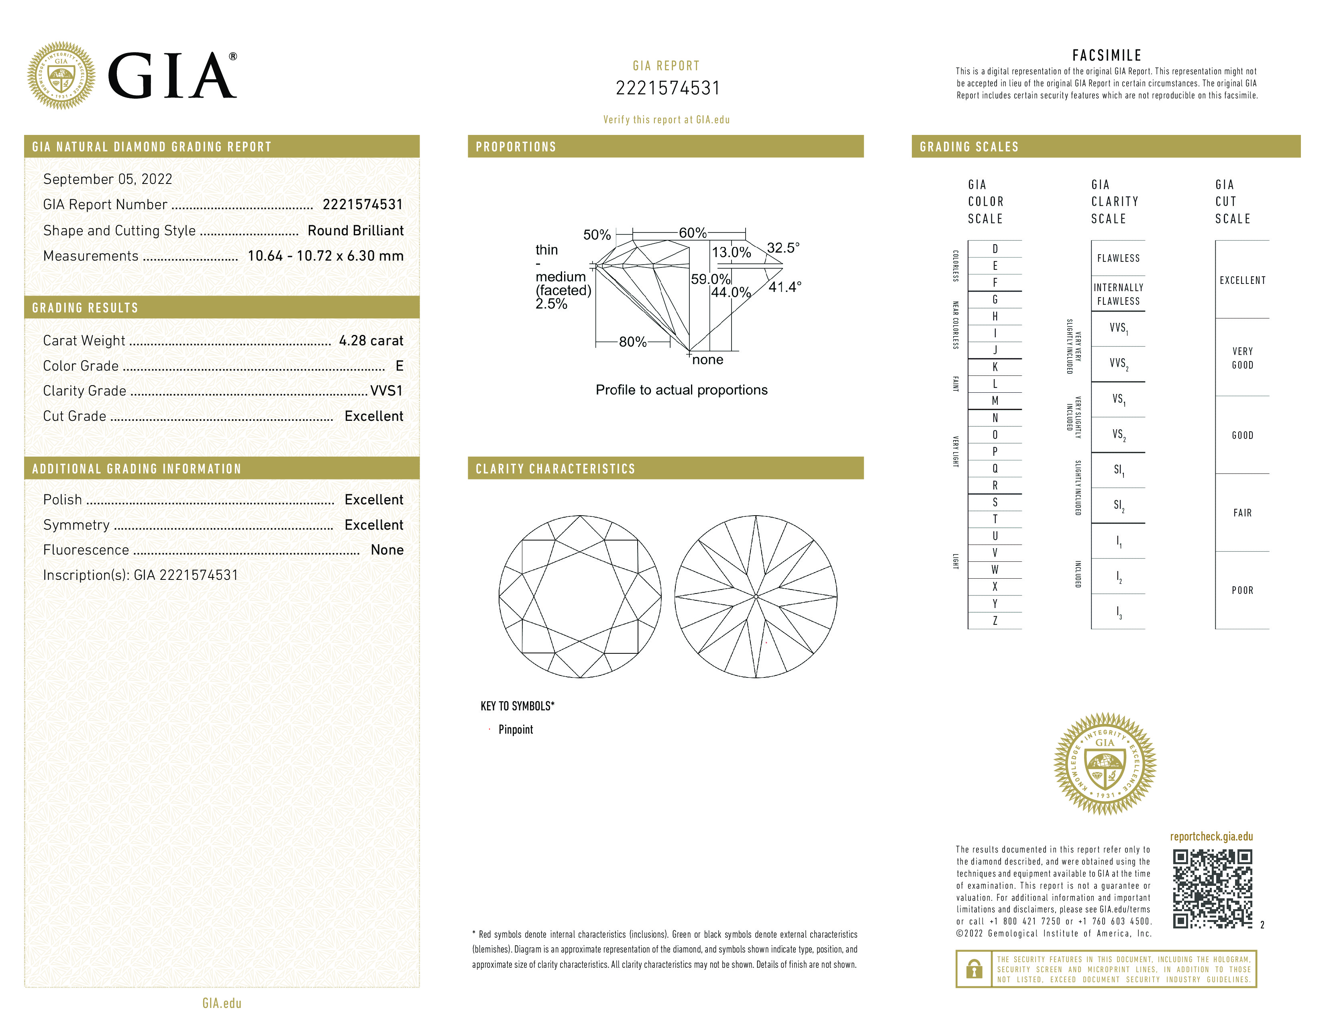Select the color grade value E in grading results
(x=399, y=366)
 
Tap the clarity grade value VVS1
(x=386, y=391)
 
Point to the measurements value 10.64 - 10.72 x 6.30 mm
(x=325, y=256)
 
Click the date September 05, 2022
(x=107, y=179)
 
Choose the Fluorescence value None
(x=387, y=550)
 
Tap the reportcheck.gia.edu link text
(x=1211, y=836)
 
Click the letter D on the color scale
(x=995, y=249)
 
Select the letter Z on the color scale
(x=995, y=620)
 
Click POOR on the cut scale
(x=1242, y=590)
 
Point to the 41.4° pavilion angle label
(x=785, y=287)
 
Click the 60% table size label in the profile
(x=692, y=233)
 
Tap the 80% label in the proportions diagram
(x=632, y=342)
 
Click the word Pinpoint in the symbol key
(x=516, y=730)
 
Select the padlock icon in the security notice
(x=974, y=969)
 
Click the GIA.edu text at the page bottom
(x=222, y=1004)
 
